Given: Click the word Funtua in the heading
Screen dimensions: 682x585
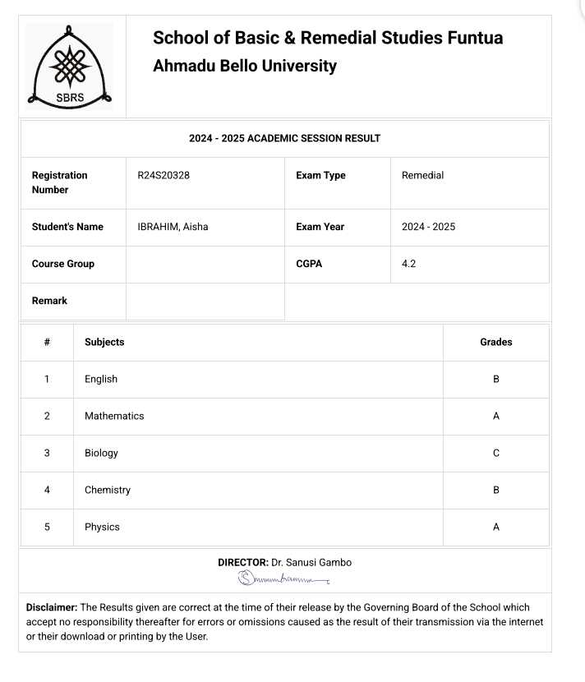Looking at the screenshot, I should (x=475, y=38).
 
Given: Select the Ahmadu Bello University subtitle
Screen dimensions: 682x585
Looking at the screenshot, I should (x=244, y=67).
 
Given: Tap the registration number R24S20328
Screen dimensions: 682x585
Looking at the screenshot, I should (x=164, y=175).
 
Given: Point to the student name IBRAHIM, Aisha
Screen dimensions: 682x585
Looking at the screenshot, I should (x=173, y=227).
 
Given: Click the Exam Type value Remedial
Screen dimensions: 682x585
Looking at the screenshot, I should (x=422, y=175).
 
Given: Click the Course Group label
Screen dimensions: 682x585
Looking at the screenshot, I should (x=62, y=264).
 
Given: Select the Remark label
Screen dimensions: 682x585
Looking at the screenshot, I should (x=49, y=301).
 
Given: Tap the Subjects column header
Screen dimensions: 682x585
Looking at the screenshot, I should (x=104, y=342).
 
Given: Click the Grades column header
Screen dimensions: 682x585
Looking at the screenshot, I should (x=495, y=342).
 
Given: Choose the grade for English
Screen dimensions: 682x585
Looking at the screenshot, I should (x=495, y=379).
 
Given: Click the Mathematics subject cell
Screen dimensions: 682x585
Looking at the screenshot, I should (x=114, y=416).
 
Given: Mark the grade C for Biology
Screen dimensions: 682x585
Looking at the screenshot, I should (x=495, y=453).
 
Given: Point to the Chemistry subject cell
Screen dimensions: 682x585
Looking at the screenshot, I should (x=108, y=490).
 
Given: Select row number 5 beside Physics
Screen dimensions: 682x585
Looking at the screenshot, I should (x=47, y=527).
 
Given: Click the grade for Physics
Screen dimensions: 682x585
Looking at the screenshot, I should (x=495, y=527).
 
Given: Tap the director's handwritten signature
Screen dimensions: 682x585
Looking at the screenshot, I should (x=283, y=580).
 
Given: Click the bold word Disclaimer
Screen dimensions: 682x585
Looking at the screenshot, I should (x=52, y=608).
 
